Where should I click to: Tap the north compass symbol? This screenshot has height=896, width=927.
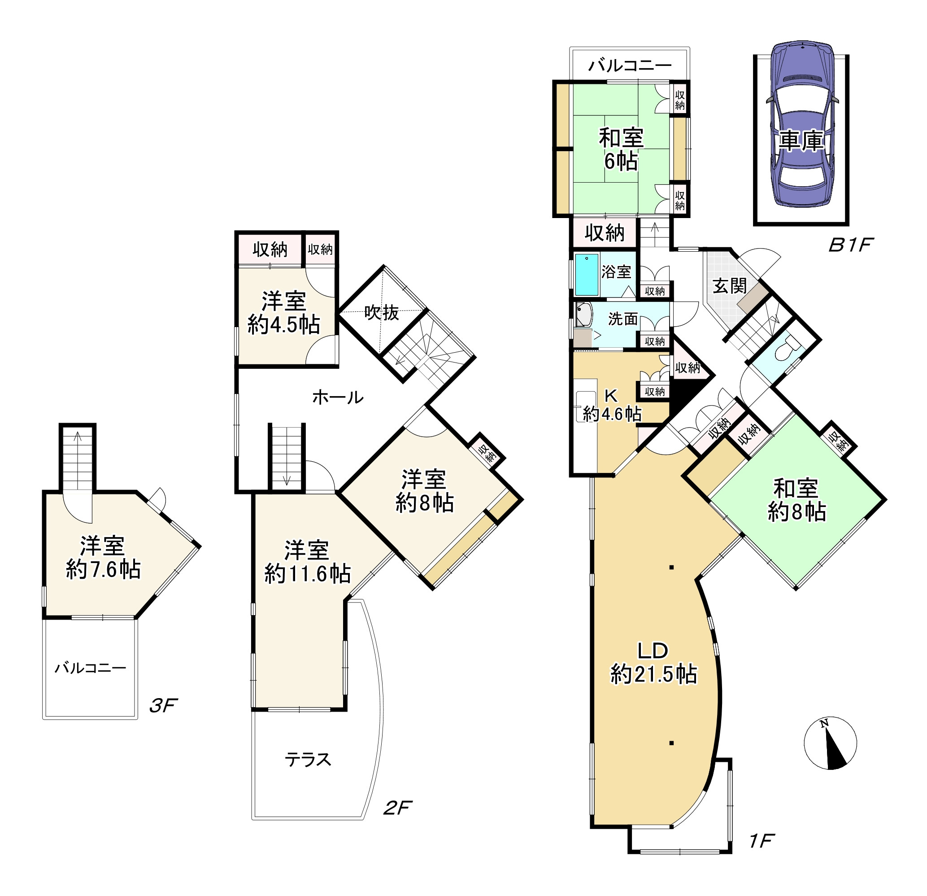tap(830, 743)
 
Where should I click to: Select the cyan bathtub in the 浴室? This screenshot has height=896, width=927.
tap(587, 275)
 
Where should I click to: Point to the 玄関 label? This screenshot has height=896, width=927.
tap(730, 286)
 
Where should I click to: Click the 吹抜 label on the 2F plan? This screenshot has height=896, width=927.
tap(382, 313)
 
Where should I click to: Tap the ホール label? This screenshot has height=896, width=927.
tap(338, 398)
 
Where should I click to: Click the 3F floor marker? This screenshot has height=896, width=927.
tap(163, 706)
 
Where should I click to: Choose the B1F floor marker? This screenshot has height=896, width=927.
tap(850, 245)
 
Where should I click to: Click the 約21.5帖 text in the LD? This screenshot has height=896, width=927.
tap(653, 674)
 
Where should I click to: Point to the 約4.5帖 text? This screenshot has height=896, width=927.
tap(284, 324)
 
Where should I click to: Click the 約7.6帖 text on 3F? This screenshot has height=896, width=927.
tap(103, 569)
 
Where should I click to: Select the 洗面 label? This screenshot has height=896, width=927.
tap(623, 319)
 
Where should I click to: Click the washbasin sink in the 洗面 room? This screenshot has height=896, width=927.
tap(583, 315)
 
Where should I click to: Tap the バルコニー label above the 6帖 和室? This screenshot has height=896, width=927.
tap(630, 66)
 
